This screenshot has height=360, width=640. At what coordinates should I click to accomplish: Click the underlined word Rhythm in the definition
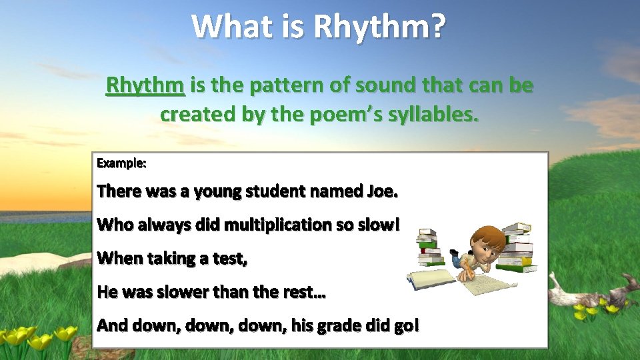pyautogui.click(x=145, y=85)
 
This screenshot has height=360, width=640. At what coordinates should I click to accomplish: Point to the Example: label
pyautogui.click(x=121, y=163)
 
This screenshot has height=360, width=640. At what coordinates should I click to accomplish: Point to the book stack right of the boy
pyautogui.click(x=518, y=247)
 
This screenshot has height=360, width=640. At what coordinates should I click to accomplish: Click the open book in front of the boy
pyautogui.click(x=433, y=277)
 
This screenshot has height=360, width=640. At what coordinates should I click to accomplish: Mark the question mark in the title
pyautogui.click(x=437, y=27)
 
